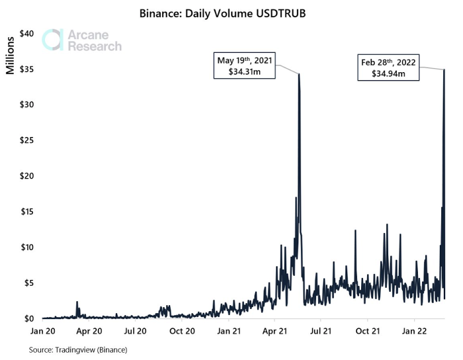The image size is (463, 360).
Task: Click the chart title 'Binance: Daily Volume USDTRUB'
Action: pos(232,13)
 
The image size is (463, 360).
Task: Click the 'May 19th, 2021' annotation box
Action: pos(244,66)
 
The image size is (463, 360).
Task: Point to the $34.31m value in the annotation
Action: pos(244,72)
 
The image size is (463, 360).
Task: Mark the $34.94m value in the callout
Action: pos(389,73)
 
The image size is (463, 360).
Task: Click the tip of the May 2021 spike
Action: pos(299,73)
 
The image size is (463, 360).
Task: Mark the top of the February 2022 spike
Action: pos(444,69)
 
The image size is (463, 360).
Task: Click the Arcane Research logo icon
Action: pos(52,40)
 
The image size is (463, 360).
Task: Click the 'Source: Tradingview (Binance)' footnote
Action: pos(78,349)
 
